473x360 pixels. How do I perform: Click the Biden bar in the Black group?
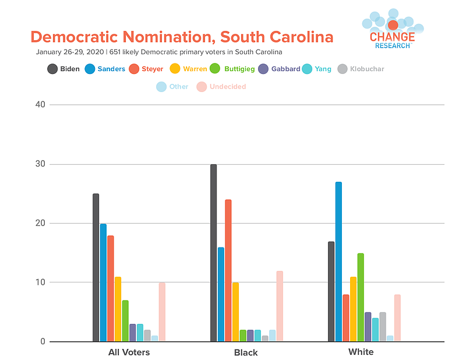(x=213, y=253)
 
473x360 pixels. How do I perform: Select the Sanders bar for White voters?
(x=338, y=262)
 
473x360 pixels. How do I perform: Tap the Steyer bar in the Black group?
(x=228, y=270)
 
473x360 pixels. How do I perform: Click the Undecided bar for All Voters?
(x=162, y=312)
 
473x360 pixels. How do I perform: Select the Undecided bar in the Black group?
(x=280, y=306)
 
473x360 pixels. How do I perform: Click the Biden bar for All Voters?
(x=96, y=267)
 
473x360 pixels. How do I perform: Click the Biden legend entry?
(x=63, y=69)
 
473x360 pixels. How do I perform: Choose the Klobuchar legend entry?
(x=361, y=69)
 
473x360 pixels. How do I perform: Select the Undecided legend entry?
(x=221, y=87)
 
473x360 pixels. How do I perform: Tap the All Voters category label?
(x=129, y=352)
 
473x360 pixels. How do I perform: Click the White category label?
(x=361, y=352)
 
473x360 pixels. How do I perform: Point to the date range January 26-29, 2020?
(x=70, y=52)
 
